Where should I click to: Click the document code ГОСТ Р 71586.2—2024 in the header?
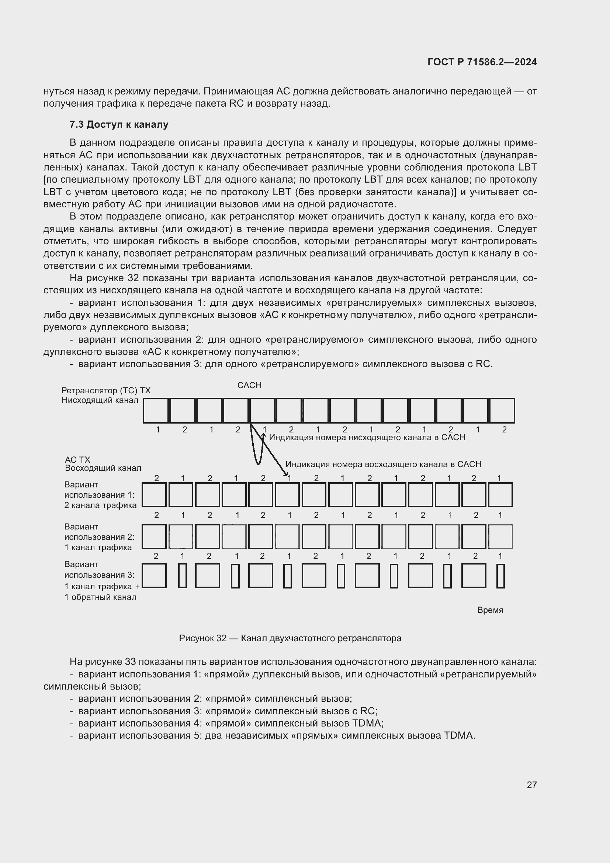(482, 62)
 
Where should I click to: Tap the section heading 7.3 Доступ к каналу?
(119, 124)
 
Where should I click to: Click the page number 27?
(531, 785)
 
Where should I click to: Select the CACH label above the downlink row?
(249, 385)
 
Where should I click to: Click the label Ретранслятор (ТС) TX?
(106, 390)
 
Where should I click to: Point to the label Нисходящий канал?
(100, 400)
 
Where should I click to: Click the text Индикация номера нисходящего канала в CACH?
(367, 438)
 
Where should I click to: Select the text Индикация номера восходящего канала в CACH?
(383, 464)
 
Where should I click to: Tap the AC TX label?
(77, 460)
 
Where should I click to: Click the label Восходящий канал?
(103, 468)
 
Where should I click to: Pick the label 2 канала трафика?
(100, 505)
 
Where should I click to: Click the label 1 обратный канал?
(100, 597)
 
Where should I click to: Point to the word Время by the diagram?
(490, 610)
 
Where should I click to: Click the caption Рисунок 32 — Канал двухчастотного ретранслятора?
(290, 638)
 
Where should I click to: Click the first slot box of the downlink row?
(156, 410)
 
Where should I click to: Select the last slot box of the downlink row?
(502, 410)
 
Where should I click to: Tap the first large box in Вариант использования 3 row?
(155, 576)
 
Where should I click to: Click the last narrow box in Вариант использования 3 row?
(500, 576)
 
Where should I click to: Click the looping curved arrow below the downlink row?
(258, 451)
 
